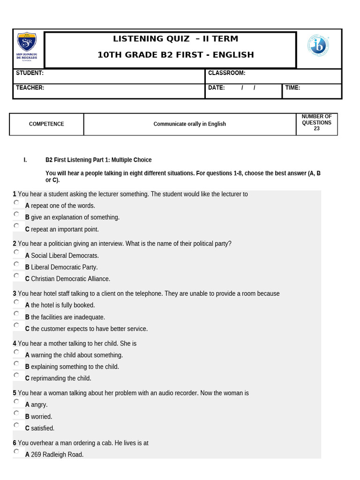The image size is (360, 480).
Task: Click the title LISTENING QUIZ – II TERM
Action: [x=175, y=39]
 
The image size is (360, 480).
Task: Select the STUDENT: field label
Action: [x=30, y=73]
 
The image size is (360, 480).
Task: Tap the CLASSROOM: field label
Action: [x=226, y=73]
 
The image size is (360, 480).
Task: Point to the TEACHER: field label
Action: [x=30, y=88]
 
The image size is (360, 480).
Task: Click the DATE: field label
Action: [x=217, y=88]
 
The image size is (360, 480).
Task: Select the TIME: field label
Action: [x=292, y=88]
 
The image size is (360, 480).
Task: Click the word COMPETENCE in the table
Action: [x=46, y=124]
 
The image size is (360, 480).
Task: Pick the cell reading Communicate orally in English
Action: [x=189, y=124]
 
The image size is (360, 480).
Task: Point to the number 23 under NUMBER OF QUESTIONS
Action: [x=316, y=129]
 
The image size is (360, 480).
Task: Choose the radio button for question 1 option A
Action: [x=16, y=202]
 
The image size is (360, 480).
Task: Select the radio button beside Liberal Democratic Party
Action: [x=16, y=264]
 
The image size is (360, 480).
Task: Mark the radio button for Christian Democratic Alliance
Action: [x=16, y=276]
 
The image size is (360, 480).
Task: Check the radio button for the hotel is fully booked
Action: [x=16, y=302]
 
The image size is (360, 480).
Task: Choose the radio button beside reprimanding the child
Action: [x=16, y=375]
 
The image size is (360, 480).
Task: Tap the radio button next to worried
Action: [x=16, y=413]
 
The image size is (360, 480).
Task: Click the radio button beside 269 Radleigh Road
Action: [x=16, y=451]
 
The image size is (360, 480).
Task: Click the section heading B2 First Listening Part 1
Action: [x=98, y=160]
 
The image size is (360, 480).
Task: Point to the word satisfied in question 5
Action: [x=43, y=428]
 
